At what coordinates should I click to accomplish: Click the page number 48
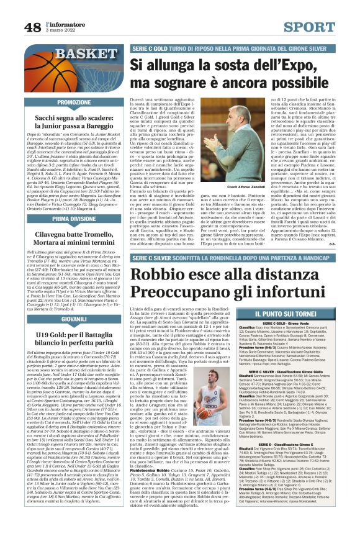[33, 27]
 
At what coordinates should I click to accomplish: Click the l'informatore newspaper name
[65, 23]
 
